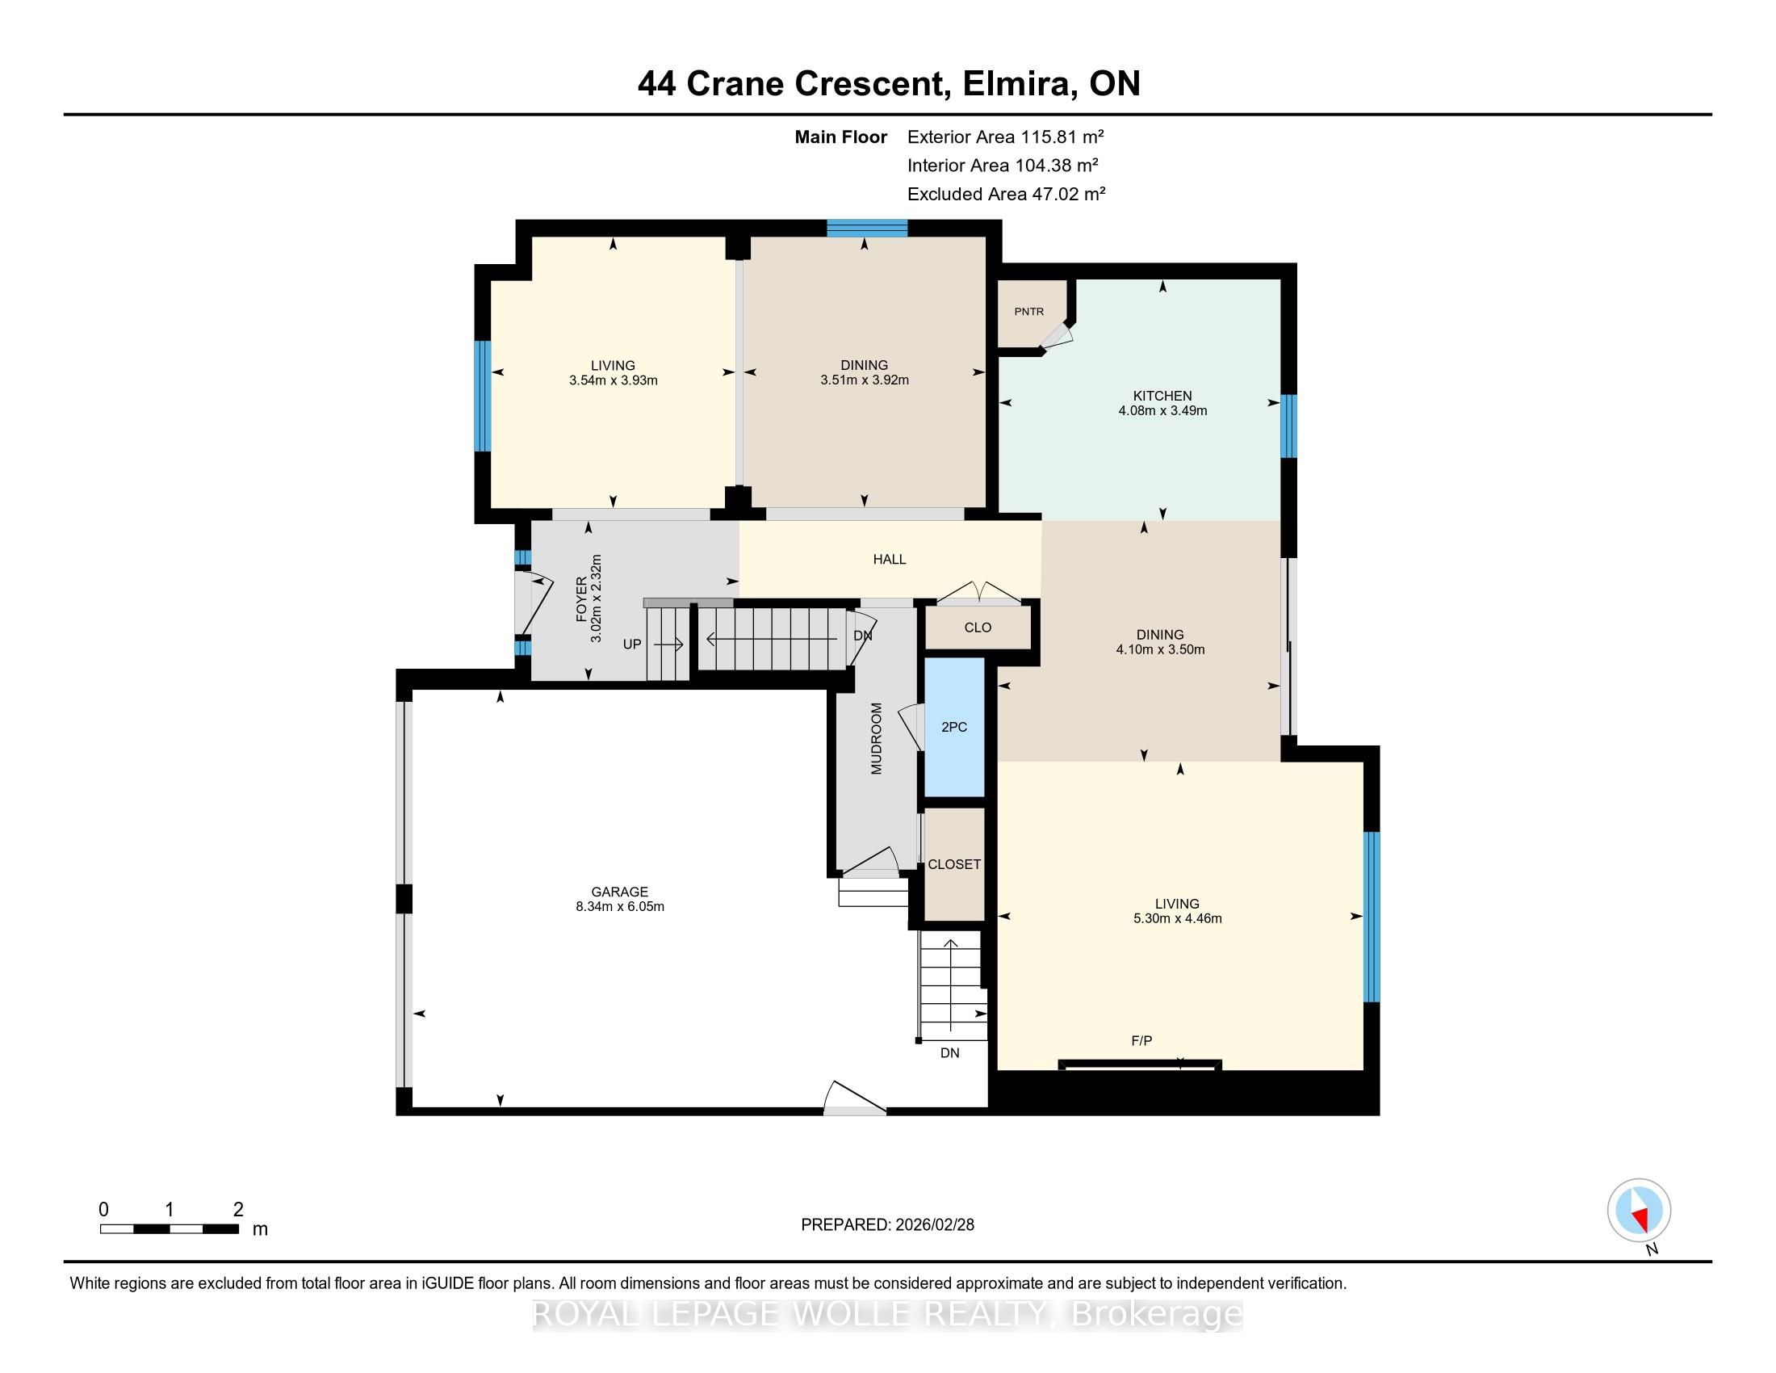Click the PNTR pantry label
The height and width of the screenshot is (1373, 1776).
(x=1028, y=312)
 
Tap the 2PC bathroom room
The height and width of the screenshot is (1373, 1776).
(x=955, y=727)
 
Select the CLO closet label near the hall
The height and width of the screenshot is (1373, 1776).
(x=978, y=627)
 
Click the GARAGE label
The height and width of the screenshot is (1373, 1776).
(x=620, y=892)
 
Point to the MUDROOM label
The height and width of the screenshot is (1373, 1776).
(x=876, y=738)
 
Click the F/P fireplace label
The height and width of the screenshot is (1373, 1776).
(x=1141, y=1040)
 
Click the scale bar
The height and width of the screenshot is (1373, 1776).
(x=170, y=1229)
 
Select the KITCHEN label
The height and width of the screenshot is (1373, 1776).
(x=1162, y=396)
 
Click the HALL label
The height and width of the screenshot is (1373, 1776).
(x=890, y=560)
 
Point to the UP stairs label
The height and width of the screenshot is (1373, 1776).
(x=632, y=645)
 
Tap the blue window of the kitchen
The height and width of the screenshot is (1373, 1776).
(x=1289, y=426)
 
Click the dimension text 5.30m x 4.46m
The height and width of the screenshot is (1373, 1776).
(x=1178, y=918)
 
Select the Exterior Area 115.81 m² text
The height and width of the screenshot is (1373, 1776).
(x=1006, y=136)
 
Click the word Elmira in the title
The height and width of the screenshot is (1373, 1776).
(x=1016, y=83)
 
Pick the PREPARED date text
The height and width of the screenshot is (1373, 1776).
(x=887, y=1224)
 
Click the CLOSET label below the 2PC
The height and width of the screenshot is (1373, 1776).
(x=955, y=865)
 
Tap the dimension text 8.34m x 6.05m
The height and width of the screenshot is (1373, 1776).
(x=621, y=906)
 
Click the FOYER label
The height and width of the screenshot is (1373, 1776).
(x=581, y=599)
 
